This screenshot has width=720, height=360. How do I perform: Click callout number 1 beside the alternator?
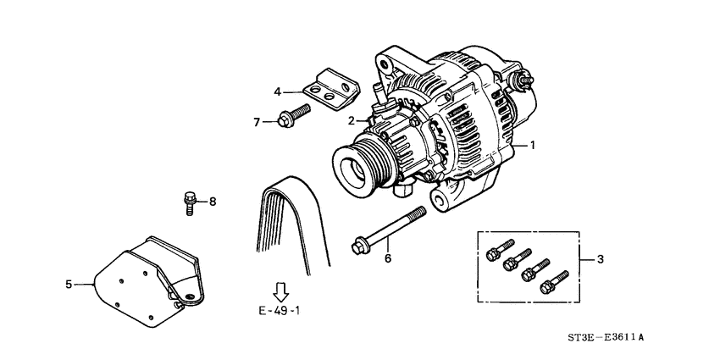click(533, 145)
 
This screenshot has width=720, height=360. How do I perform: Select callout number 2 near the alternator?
click(349, 121)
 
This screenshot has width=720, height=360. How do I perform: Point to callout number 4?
click(277, 91)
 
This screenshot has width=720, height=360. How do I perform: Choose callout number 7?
click(256, 121)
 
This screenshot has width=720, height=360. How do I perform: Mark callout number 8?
click(213, 202)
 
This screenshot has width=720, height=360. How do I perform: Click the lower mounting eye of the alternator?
click(442, 202)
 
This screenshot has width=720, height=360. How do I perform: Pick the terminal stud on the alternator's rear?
click(522, 79)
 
